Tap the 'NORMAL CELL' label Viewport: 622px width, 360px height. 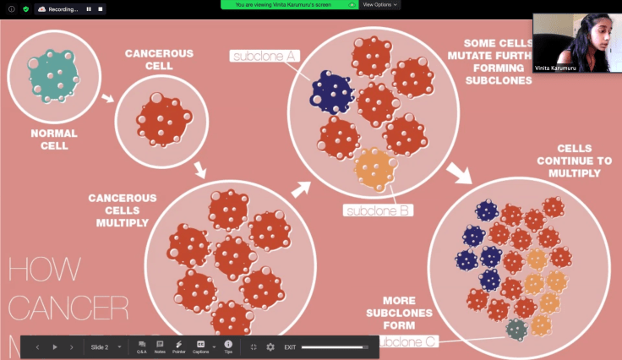coord(53,139)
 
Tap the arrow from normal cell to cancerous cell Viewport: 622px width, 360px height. coord(108,101)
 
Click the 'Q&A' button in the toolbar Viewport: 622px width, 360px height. coord(141,346)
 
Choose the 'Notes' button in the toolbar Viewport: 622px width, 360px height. coord(160,346)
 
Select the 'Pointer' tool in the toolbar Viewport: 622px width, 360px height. coord(179,346)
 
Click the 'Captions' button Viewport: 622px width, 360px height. coord(201,346)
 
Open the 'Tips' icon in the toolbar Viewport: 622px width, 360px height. coord(228,346)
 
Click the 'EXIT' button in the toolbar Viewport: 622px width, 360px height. coord(290,347)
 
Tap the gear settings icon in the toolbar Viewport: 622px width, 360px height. coord(270,346)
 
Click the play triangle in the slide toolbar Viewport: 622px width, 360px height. coord(56,347)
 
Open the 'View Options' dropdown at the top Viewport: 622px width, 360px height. coord(380,4)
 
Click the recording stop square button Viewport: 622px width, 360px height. coord(100,9)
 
